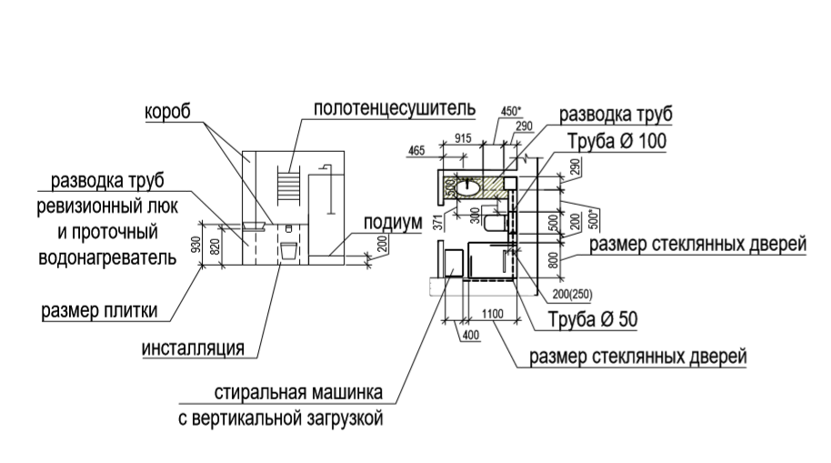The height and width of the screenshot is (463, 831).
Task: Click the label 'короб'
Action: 167,112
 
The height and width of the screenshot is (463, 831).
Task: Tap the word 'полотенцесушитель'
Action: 395,108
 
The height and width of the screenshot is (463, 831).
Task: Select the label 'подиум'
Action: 393,223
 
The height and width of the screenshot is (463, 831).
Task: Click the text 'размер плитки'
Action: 100,310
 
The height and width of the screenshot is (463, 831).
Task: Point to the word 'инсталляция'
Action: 193,348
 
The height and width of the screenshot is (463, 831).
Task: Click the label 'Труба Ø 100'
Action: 617,141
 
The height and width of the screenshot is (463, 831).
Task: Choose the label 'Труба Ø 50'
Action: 593,319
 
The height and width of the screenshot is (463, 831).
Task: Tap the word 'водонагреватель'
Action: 107,257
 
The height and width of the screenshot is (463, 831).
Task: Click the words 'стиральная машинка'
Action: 298,392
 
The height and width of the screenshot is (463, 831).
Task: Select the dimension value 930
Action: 196,244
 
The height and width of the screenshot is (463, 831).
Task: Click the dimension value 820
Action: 215,247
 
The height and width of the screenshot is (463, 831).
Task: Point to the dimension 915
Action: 463,138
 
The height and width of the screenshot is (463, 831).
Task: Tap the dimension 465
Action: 416,151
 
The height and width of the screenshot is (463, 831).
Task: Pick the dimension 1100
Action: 493,314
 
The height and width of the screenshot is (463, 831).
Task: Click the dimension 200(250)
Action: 573,294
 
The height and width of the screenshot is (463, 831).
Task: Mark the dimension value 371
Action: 437,221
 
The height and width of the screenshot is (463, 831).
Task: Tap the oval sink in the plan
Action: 467,187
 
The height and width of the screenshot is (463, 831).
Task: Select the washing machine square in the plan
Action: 454,264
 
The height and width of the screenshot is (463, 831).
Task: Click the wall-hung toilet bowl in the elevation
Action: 288,251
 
